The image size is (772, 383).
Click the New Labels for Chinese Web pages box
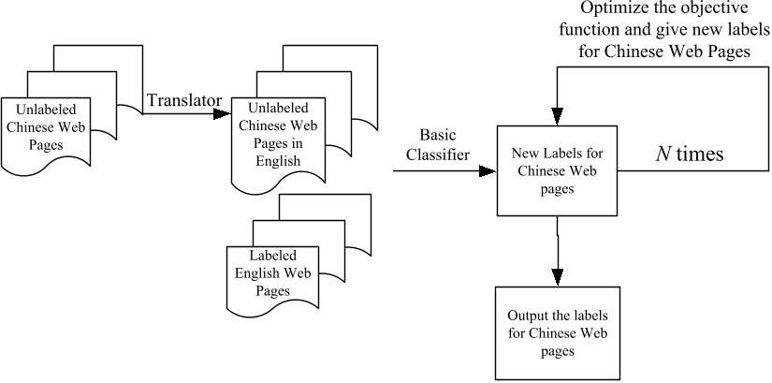tap(558, 169)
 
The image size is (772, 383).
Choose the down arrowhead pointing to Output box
tap(559, 276)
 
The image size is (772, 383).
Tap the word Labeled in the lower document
tap(271, 256)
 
